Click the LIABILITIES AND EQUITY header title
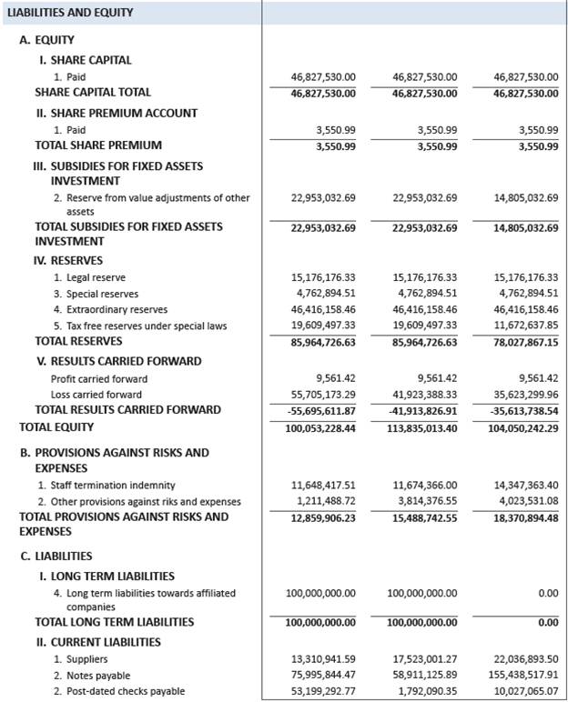click(x=70, y=13)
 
